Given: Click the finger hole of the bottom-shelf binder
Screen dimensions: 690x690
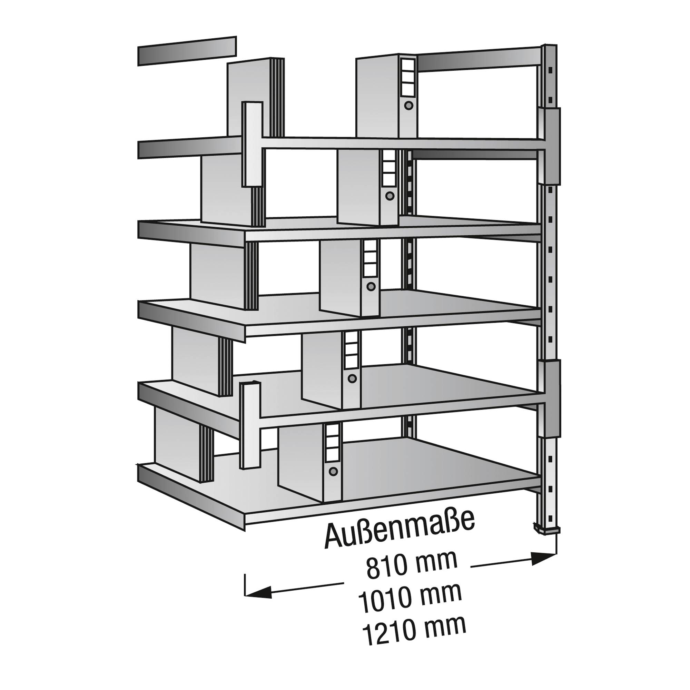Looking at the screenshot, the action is point(333,471).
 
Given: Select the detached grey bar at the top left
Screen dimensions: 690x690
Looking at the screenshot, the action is point(187,51).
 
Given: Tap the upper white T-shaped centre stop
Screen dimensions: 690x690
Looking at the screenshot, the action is point(253,144).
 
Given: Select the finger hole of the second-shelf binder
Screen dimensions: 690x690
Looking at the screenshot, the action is point(390,195).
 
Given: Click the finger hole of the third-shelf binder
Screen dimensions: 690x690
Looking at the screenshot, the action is point(371,286).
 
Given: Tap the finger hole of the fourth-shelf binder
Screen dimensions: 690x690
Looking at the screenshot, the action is point(352,378).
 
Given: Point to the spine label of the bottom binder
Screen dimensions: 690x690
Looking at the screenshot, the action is point(333,443).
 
